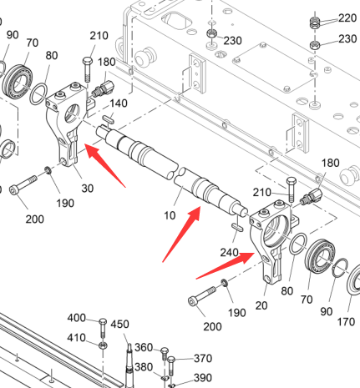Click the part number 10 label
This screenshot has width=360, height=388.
click(x=170, y=215)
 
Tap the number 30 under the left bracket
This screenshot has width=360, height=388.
click(x=87, y=189)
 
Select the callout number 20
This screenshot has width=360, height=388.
click(x=261, y=305)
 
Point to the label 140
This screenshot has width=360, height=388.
click(x=119, y=103)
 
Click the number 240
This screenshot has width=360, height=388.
click(x=230, y=253)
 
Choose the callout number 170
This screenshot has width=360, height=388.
click(x=346, y=322)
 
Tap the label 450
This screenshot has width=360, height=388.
click(x=119, y=325)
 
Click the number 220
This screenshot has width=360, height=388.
click(x=347, y=18)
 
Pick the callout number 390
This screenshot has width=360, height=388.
click(x=203, y=378)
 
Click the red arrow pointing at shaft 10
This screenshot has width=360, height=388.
click(x=181, y=234)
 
